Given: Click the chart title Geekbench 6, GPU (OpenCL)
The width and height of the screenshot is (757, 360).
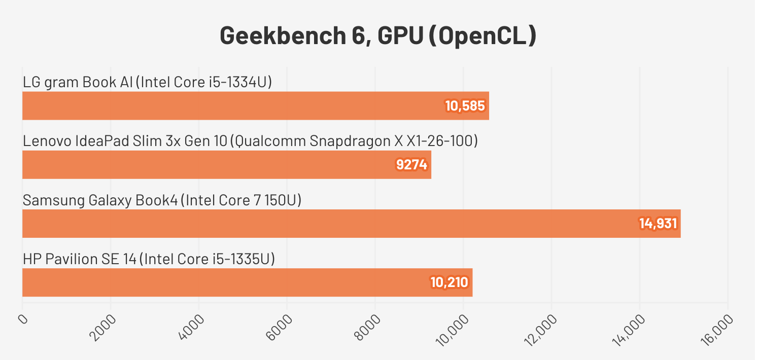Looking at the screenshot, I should [x=378, y=36].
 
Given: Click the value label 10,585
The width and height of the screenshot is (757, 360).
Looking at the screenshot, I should [x=465, y=106].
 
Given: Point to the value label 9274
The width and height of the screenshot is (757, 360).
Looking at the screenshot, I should [x=411, y=165].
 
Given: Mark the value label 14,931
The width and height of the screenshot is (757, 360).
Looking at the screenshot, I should [x=658, y=224].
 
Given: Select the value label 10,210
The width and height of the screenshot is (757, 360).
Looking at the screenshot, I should [x=449, y=282].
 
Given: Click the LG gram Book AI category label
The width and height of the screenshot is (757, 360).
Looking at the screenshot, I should [x=148, y=83].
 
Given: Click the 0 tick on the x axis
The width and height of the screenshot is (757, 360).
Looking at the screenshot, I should [x=23, y=319].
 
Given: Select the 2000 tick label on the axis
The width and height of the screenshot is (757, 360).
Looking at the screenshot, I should [x=103, y=327].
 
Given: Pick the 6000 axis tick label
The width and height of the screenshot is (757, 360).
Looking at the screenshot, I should [x=280, y=327].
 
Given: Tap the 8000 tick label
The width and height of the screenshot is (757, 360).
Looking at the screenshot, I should [x=368, y=327].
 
